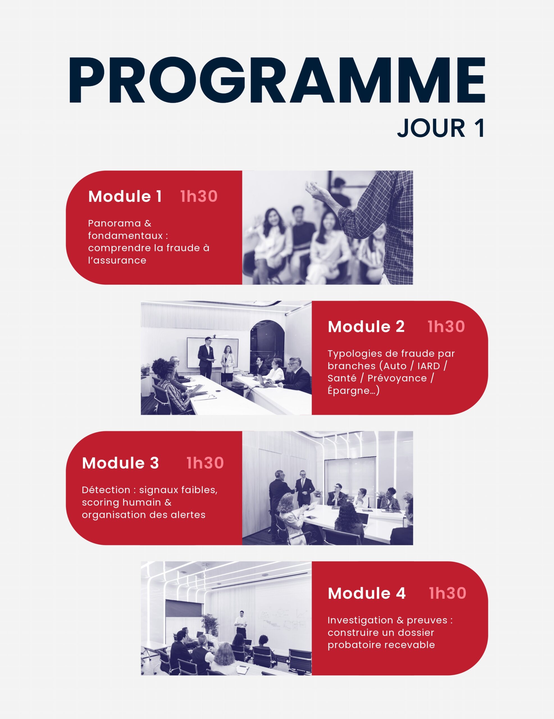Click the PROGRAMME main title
point(277,80)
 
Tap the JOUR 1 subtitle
point(441,128)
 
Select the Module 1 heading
point(125,196)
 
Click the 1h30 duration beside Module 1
point(199,196)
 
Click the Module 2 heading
point(366,327)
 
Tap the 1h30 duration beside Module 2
point(446,327)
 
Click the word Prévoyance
point(397,379)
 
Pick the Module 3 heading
point(120,463)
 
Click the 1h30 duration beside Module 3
point(205,463)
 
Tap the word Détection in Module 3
point(106,490)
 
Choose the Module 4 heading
point(367,593)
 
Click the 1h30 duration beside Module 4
point(448,593)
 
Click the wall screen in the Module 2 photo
point(213,352)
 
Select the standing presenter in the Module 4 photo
point(241,624)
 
